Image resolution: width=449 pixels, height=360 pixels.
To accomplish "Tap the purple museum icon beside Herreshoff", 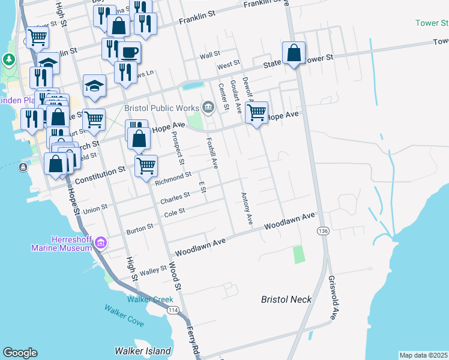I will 101,243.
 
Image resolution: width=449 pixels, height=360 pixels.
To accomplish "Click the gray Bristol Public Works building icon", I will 208,107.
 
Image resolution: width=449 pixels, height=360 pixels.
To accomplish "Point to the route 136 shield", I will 324,230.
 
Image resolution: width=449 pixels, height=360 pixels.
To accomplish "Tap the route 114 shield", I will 173,310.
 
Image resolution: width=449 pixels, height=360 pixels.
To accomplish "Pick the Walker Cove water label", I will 124,316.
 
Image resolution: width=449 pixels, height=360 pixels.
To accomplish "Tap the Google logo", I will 20,353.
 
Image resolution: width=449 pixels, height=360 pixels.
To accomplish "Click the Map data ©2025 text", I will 423,355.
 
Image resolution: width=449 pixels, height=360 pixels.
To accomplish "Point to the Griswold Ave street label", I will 333,298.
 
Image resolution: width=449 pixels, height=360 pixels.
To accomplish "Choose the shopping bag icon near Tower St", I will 294,53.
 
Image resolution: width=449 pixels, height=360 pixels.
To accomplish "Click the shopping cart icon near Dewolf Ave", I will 257,112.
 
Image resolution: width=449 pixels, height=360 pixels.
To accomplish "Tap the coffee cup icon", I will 129,52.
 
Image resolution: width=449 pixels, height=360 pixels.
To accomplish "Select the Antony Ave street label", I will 246,209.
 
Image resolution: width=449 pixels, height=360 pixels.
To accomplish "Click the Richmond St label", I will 173,177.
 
